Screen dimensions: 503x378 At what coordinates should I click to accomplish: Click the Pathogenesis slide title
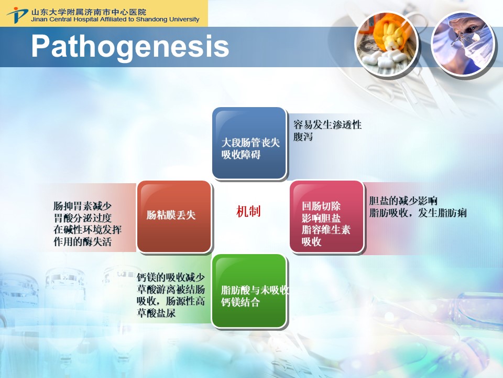point(130,47)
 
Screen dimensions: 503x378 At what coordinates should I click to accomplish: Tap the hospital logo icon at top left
point(17,15)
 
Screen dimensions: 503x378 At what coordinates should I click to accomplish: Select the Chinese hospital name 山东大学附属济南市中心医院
point(89,12)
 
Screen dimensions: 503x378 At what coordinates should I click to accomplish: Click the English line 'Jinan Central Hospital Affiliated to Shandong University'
point(115,19)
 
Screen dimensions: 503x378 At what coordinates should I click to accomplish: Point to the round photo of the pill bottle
point(386,44)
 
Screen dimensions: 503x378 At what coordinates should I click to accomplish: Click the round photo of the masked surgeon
point(463,44)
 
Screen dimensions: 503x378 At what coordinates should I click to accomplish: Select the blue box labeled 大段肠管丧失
point(249,143)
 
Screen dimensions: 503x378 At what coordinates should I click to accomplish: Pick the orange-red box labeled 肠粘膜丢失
point(174,216)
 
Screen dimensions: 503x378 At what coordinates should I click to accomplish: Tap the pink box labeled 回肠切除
point(326,216)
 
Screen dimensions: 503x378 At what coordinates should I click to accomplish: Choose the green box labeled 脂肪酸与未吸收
point(249,291)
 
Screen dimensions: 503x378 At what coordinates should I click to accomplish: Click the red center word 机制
point(248,212)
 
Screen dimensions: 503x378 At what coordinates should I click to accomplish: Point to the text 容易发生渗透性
point(327,124)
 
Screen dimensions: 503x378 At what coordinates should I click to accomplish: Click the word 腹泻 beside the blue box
point(303,136)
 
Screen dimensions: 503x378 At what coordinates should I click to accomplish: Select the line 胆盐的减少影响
point(403,201)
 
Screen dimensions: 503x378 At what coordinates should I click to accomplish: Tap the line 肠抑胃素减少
point(82,206)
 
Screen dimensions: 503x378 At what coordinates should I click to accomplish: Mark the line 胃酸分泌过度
point(82,218)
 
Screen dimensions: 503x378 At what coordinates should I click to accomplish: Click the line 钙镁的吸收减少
point(171,277)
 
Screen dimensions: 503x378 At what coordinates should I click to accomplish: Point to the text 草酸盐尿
point(156,313)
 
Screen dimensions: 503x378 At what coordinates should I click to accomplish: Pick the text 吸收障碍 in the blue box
point(241,154)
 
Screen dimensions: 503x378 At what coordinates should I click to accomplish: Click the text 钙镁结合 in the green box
point(240,302)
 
